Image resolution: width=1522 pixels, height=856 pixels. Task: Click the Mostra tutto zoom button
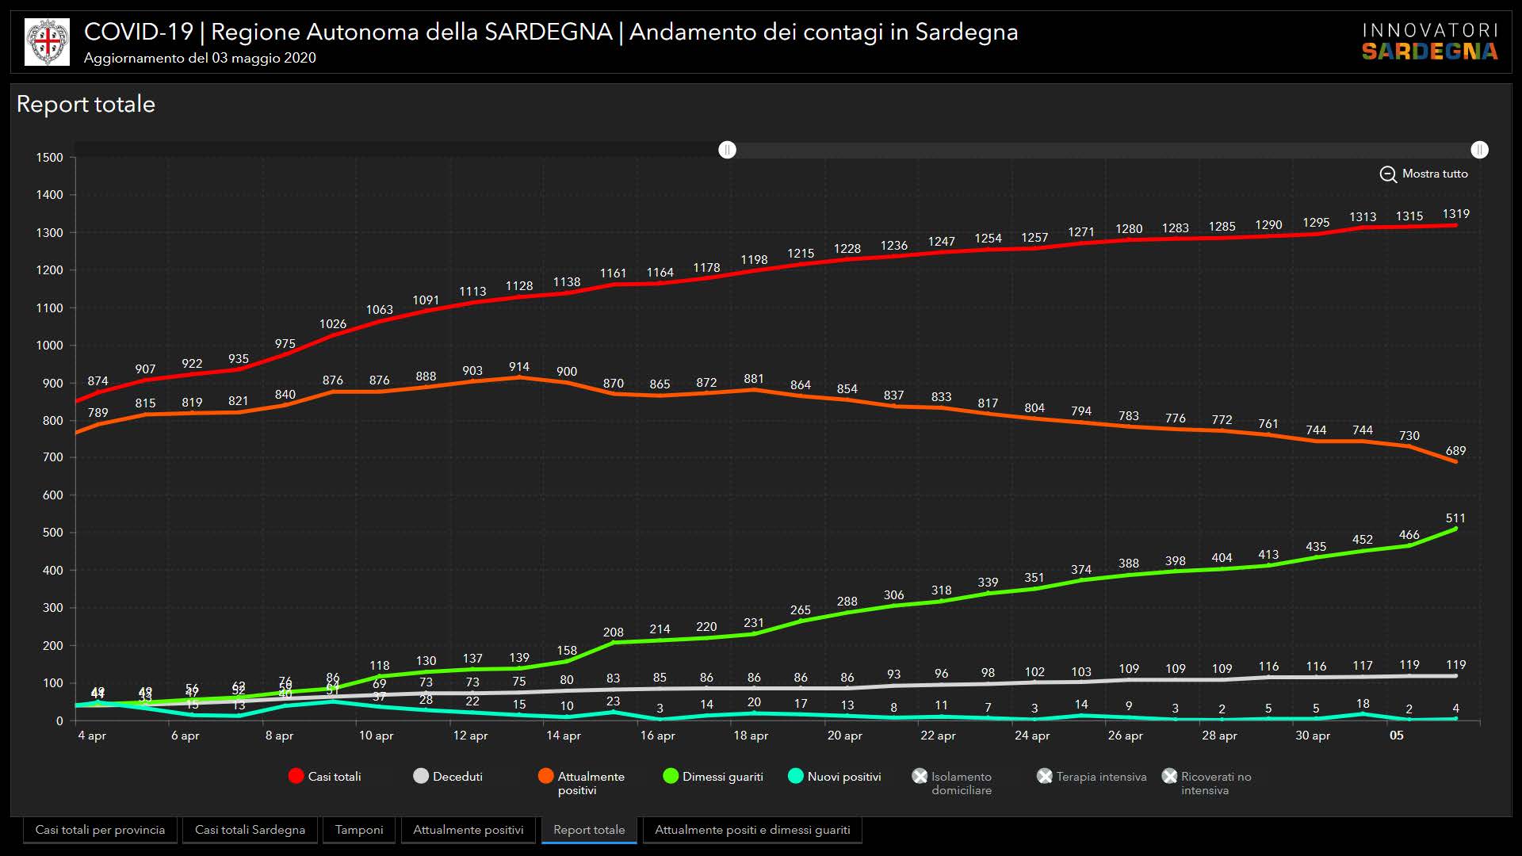(x=1424, y=174)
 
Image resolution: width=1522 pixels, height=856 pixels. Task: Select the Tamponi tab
(x=358, y=830)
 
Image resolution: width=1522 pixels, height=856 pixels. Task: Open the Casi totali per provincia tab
(x=100, y=830)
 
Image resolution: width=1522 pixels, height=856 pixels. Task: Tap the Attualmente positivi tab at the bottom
(x=468, y=830)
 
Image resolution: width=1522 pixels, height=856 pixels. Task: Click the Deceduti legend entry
(x=448, y=777)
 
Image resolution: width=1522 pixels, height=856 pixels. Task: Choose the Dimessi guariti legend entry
(x=713, y=777)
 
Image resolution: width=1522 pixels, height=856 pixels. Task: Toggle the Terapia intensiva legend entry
(x=1092, y=777)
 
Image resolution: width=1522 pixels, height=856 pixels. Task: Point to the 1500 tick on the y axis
(x=49, y=158)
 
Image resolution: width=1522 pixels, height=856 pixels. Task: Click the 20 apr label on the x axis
(x=844, y=736)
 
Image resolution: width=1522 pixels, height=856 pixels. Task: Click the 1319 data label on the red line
(x=1455, y=214)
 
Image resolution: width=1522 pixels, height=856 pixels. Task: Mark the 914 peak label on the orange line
(x=519, y=367)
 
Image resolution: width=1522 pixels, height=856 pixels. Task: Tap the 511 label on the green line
(x=1455, y=518)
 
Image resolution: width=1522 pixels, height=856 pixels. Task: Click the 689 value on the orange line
(x=1455, y=451)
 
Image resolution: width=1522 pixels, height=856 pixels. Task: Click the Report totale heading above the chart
(x=86, y=105)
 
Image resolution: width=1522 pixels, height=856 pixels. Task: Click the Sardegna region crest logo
(x=47, y=42)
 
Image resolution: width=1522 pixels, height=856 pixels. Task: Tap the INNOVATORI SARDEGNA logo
(x=1429, y=42)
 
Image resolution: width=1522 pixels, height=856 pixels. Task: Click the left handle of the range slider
(x=727, y=150)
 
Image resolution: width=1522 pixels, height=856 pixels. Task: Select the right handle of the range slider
(x=1479, y=150)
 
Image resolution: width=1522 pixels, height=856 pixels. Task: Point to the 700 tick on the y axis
(x=52, y=457)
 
